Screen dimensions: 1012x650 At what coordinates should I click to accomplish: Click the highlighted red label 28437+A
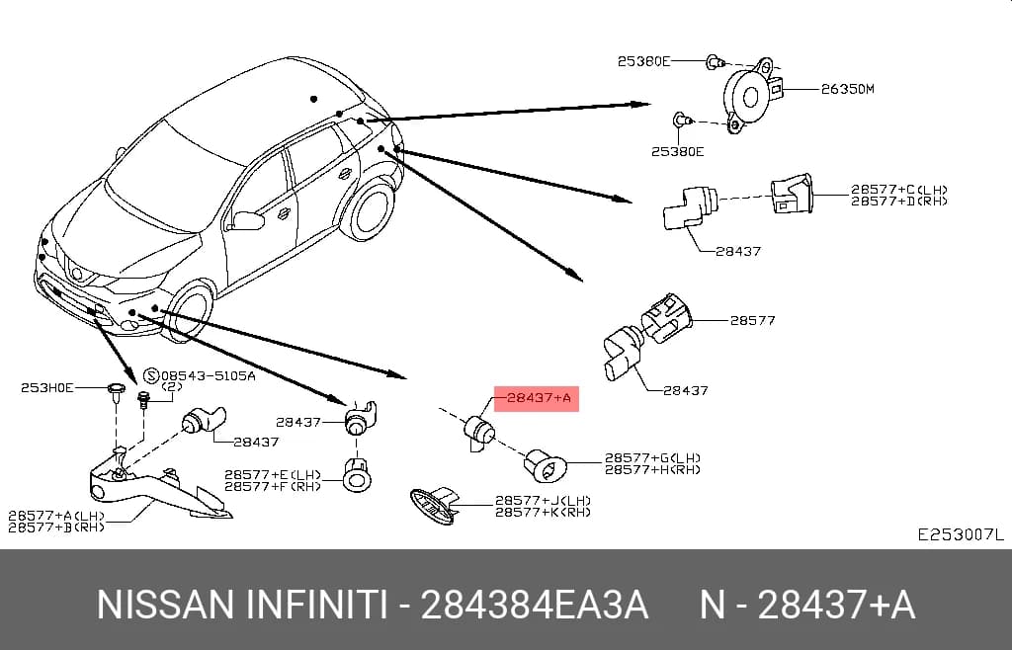[x=537, y=398]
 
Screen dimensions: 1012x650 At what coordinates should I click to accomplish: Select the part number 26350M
[x=847, y=89]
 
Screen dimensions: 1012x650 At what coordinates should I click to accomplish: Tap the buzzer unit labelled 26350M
[x=750, y=96]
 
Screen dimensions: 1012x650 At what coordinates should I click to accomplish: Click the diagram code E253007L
[x=961, y=534]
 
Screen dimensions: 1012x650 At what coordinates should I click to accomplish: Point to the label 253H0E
[x=47, y=387]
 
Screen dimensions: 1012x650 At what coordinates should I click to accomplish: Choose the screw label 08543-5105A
[x=208, y=375]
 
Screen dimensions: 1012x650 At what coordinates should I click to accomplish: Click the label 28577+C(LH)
[x=899, y=190]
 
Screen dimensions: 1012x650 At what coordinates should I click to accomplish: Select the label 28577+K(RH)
[x=543, y=512]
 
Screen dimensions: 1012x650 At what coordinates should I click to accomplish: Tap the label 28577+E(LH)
[x=273, y=475]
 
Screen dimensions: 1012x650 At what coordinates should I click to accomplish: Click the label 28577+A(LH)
[x=56, y=516]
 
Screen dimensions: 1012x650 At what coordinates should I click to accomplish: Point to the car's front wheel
[x=189, y=311]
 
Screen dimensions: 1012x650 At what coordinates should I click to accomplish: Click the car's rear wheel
[x=368, y=209]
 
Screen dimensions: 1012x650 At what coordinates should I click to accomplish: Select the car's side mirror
[x=246, y=220]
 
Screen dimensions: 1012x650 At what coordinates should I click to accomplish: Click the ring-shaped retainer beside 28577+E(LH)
[x=355, y=478]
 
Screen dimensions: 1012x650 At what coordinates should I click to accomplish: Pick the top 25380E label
[x=643, y=61]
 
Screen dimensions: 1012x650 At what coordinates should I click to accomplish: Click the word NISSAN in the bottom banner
[x=165, y=606]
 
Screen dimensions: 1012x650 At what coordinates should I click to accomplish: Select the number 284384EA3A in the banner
[x=534, y=606]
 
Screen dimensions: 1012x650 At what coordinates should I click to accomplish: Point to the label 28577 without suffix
[x=752, y=320]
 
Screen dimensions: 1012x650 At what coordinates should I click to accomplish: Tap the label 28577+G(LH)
[x=652, y=458]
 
